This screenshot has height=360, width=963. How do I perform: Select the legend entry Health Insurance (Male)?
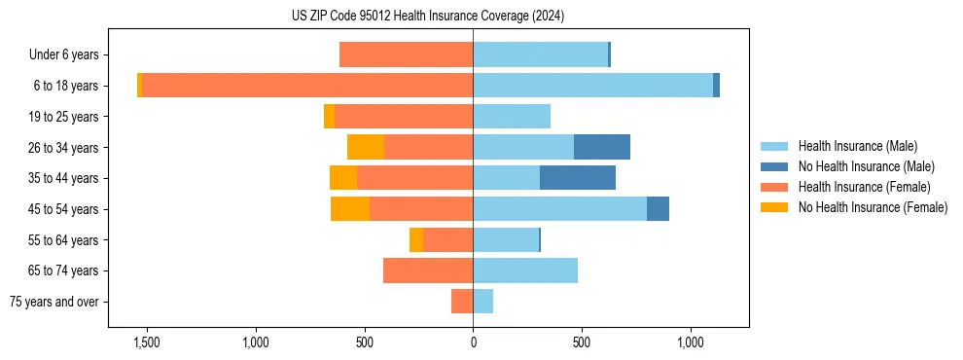857,146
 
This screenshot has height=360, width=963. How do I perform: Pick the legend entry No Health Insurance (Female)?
873,207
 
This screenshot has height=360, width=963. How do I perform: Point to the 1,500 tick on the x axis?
147,343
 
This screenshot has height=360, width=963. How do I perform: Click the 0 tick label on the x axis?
473,343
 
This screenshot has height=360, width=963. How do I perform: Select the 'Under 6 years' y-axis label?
63,55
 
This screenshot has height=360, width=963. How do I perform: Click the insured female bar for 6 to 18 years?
307,86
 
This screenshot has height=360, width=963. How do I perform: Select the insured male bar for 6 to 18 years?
592,86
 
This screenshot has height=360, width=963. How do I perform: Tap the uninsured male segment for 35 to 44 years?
578,178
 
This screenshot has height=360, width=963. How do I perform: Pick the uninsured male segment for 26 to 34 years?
602,147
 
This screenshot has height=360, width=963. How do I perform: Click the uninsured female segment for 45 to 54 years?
350,209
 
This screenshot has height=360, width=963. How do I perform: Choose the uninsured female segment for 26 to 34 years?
366,147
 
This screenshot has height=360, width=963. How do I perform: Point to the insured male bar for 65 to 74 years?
525,270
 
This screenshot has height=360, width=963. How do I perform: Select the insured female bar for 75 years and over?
462,302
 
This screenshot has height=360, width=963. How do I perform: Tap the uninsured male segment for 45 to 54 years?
658,209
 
